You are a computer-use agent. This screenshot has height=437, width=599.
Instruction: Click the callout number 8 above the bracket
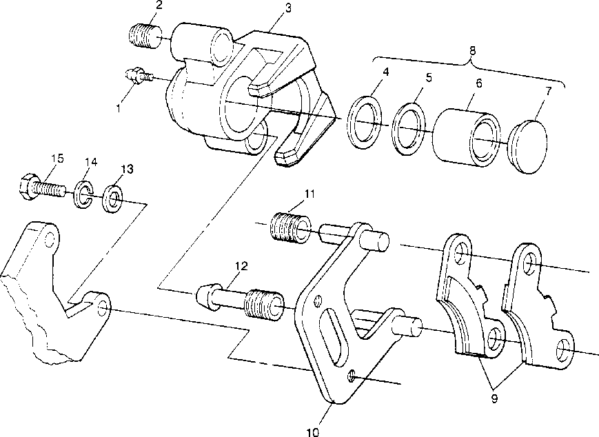tap(473, 50)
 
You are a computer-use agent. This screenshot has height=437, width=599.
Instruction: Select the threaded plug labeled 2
tap(145, 37)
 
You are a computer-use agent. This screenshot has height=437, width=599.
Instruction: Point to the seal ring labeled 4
tap(365, 123)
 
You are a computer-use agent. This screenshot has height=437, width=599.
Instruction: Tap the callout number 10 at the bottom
tap(312, 432)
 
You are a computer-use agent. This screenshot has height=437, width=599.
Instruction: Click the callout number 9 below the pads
tap(494, 398)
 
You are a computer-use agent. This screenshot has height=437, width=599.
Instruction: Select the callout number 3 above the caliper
tap(287, 8)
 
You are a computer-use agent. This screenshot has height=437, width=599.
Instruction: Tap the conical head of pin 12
tap(206, 295)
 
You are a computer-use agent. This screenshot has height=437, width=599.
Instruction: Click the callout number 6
tap(478, 83)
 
